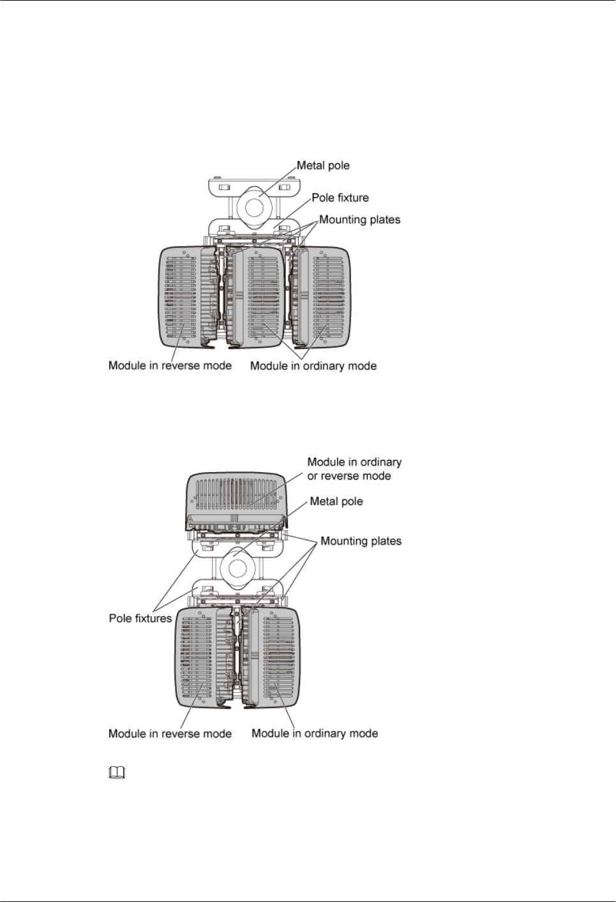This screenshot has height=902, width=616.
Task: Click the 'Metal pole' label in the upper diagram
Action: point(323,166)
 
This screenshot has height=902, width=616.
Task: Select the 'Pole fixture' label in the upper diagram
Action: point(340,198)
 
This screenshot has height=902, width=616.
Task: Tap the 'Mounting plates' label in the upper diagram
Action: point(359,220)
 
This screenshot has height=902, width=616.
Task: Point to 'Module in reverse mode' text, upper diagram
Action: point(170,366)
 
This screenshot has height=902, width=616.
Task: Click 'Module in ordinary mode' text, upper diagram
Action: point(313,366)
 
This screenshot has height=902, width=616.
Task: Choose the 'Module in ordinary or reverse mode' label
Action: point(354,469)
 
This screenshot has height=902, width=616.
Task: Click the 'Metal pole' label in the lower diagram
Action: point(336,501)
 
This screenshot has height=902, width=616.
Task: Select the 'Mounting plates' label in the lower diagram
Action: point(361,541)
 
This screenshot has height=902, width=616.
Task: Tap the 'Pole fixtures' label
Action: point(140,618)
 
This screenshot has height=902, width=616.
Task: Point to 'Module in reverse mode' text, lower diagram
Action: point(170,734)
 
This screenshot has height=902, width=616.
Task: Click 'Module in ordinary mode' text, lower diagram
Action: point(315,734)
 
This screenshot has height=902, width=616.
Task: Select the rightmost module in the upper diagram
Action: point(329,297)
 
